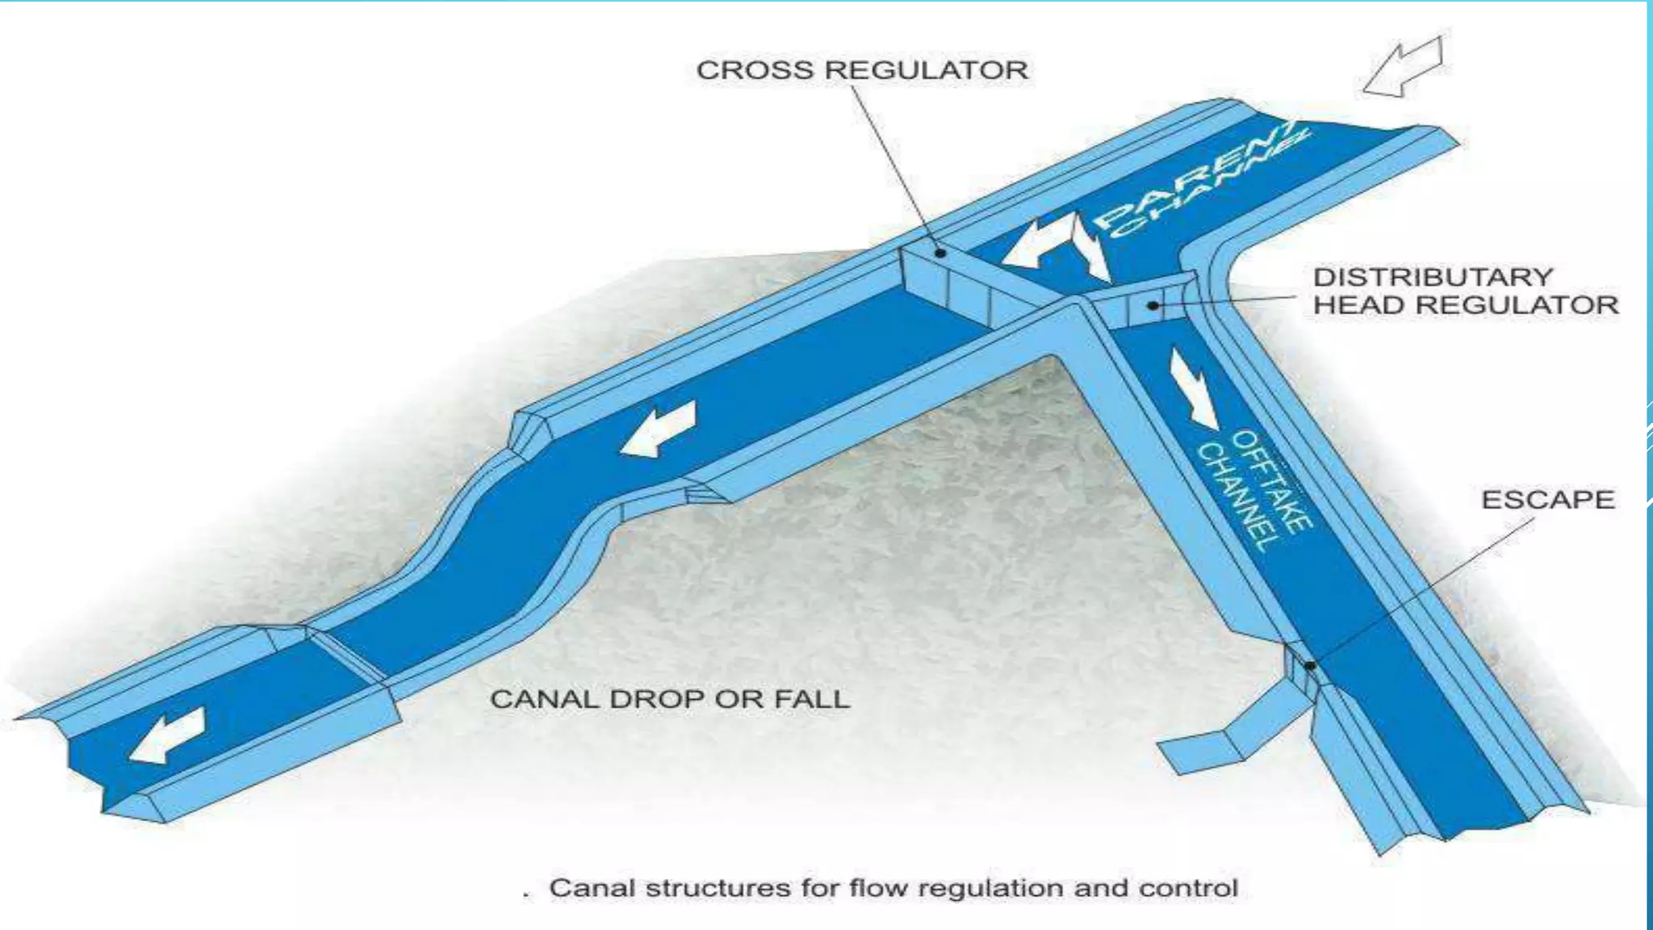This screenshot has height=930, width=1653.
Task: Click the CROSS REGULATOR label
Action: pos(862,70)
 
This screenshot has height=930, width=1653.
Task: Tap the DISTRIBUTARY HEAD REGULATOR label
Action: pos(1464,291)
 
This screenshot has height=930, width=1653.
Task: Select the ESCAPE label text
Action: pos(1547,500)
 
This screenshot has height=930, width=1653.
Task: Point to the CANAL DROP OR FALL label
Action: pos(669,699)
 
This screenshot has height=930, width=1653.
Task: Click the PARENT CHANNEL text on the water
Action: pos(1203,182)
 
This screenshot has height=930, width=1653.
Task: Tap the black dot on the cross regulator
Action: pos(940,253)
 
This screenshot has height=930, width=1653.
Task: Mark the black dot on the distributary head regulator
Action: pos(1153,305)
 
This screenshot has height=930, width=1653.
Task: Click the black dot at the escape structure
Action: pos(1310,665)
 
